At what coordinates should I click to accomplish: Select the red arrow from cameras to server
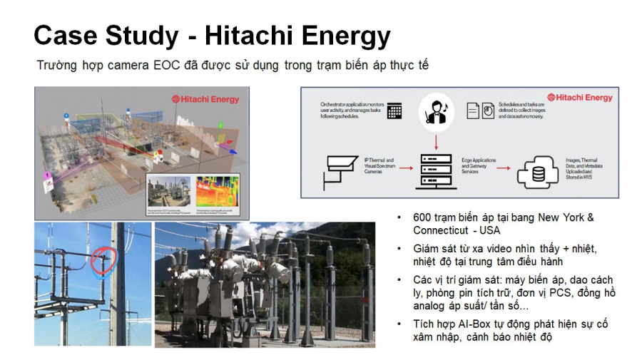[407, 169]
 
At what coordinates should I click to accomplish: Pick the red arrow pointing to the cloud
[504, 169]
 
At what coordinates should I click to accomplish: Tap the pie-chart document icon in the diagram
[487, 111]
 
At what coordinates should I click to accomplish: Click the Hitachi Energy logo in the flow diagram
[579, 98]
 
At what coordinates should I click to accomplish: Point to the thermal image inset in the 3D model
[218, 191]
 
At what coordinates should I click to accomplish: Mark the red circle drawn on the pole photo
[105, 261]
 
